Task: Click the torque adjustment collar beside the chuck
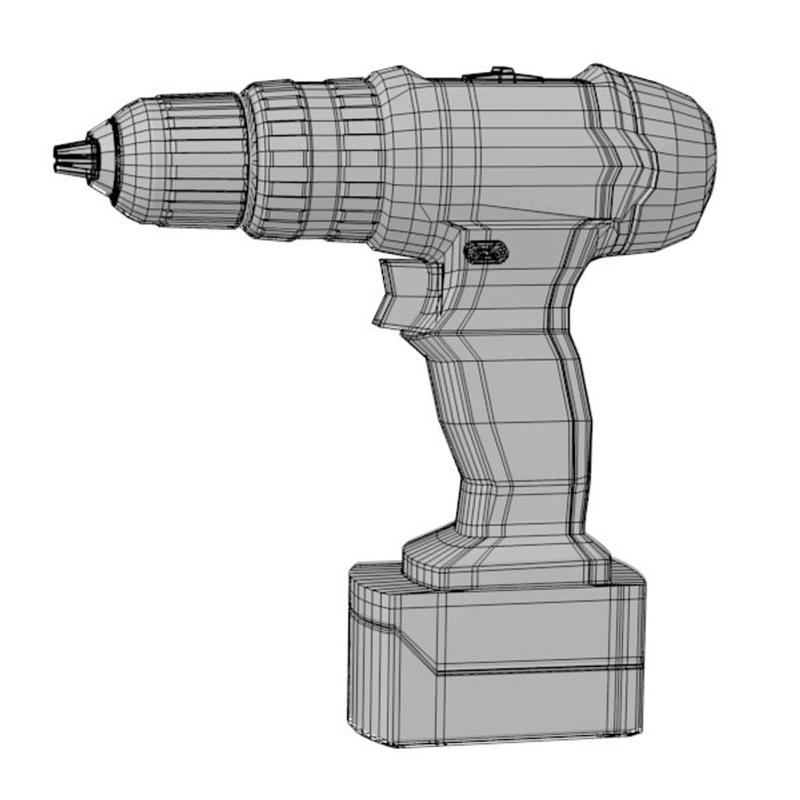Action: pos(311,159)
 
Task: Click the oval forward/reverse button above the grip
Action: pos(486,253)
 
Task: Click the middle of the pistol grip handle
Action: pos(511,415)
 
